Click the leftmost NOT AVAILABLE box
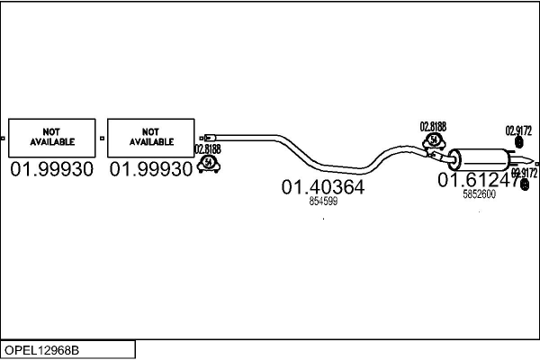(51, 138)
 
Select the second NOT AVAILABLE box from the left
(151, 138)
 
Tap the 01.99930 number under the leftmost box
(51, 169)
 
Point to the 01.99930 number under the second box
(151, 169)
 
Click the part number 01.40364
(323, 187)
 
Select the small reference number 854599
(323, 202)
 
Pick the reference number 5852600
(479, 193)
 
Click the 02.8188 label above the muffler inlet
(434, 127)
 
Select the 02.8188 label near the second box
(207, 149)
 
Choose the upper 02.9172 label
(519, 130)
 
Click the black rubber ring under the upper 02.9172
(519, 143)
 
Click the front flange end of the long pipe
(204, 135)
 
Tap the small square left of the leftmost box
(4, 138)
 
